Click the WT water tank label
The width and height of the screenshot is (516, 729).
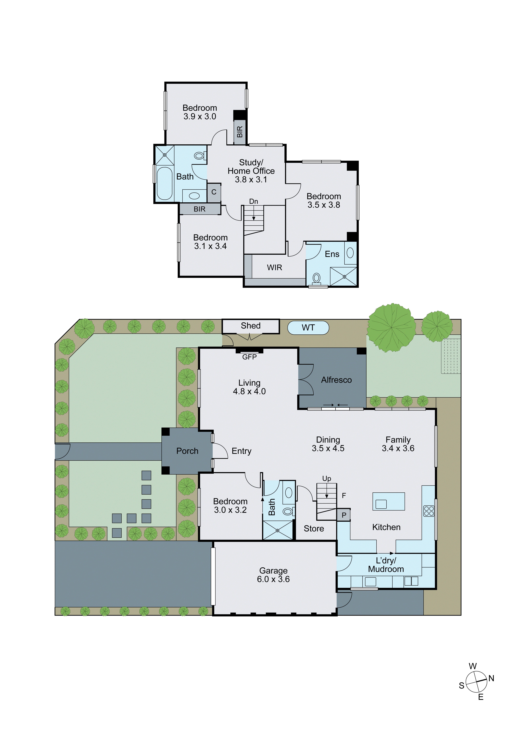(308, 328)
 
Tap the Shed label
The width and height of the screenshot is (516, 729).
(251, 326)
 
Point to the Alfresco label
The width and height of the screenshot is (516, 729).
(336, 380)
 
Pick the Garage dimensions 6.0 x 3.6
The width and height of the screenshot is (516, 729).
(273, 579)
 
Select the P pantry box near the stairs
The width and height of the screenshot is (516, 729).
(344, 515)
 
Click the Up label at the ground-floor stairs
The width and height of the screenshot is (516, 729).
(327, 479)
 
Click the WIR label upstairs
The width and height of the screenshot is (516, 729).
(274, 268)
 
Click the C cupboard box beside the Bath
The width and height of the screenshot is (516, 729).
(214, 192)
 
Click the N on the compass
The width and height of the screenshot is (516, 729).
(491, 679)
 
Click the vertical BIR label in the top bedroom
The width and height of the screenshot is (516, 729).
(240, 132)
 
